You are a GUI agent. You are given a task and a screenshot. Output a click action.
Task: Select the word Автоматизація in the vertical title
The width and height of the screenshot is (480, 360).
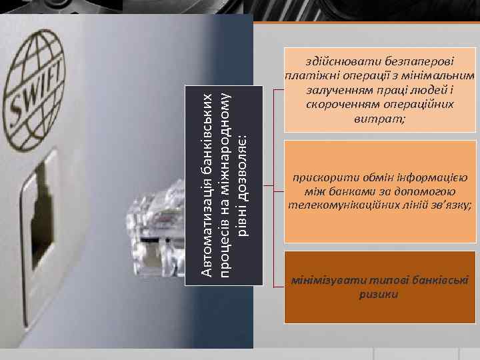point(208,230)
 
